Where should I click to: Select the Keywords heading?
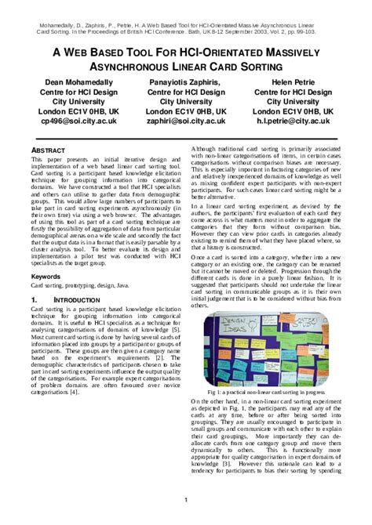49,277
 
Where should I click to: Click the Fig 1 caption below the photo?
272,390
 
